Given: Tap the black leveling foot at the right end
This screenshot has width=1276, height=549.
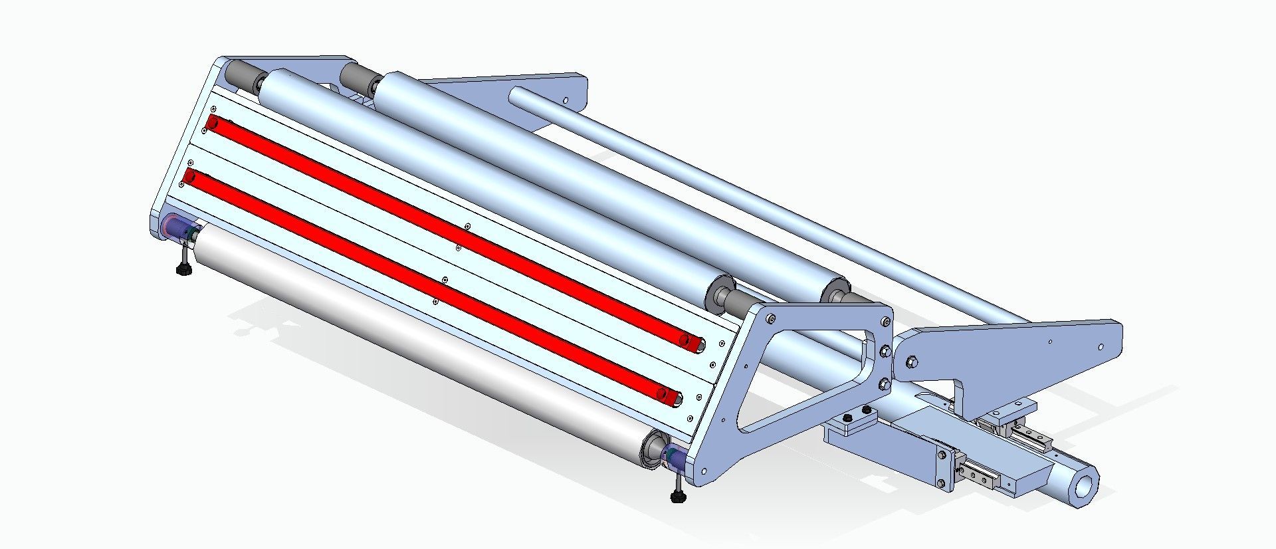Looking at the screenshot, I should pyautogui.click(x=678, y=496).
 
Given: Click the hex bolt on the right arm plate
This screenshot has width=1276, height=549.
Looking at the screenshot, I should pyautogui.click(x=911, y=362).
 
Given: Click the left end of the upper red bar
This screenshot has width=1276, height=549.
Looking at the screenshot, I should pyautogui.click(x=214, y=123).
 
